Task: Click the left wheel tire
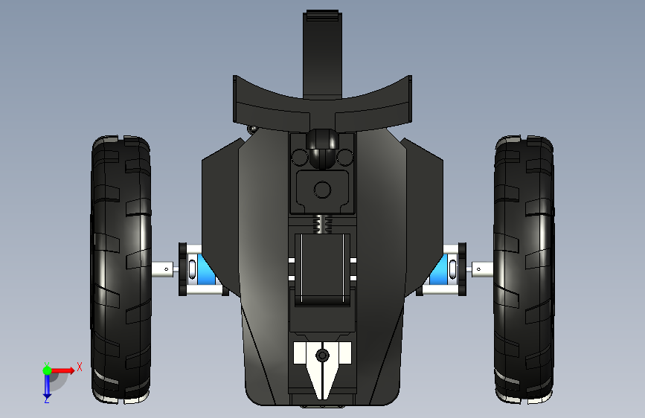[x=121, y=269]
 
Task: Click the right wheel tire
[x=524, y=269]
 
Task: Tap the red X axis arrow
[x=62, y=370]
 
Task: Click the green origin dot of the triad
[x=47, y=370]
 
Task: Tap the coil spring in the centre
[x=322, y=224]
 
